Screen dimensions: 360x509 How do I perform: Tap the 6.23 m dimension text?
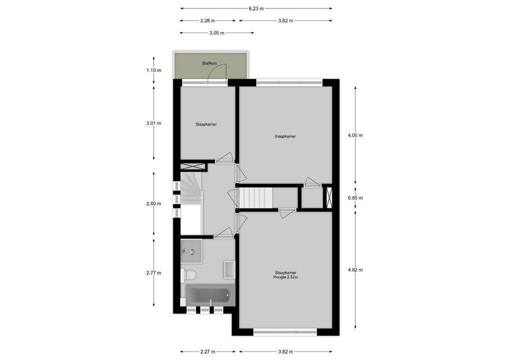click(256, 8)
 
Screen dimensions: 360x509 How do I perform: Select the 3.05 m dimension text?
click(217, 33)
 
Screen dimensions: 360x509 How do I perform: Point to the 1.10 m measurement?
click(154, 70)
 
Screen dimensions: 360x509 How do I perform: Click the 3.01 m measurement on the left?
click(154, 123)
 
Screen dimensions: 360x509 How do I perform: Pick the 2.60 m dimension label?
click(154, 204)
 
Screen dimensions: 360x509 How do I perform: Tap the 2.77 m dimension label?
click(154, 273)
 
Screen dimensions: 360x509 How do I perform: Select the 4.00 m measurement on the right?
click(355, 135)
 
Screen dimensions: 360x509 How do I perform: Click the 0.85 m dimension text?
click(355, 198)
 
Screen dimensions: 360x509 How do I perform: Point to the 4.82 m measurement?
click(355, 270)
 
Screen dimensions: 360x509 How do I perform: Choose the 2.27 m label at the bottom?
click(207, 351)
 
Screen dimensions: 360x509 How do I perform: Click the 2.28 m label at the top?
click(207, 21)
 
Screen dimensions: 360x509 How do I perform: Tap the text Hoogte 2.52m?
click(286, 277)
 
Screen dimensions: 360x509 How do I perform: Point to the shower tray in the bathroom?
click(191, 251)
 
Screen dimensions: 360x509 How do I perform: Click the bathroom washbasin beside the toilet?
click(229, 268)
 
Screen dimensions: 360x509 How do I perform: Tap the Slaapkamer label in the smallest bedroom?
click(206, 124)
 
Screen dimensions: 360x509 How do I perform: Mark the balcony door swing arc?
click(218, 72)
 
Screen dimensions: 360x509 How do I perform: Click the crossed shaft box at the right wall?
click(328, 196)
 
